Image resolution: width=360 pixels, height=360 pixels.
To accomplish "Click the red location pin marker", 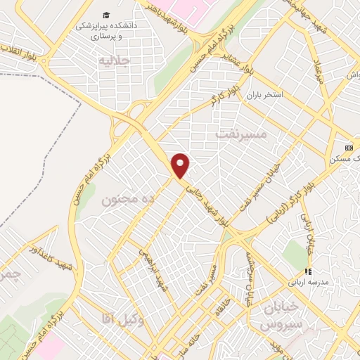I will (x=181, y=165).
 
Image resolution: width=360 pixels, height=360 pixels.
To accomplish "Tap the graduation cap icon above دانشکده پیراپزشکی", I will (x=105, y=15).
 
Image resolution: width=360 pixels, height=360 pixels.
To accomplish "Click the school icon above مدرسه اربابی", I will (x=307, y=271).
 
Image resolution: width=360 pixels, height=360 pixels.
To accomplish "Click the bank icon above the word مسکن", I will (x=349, y=148).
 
